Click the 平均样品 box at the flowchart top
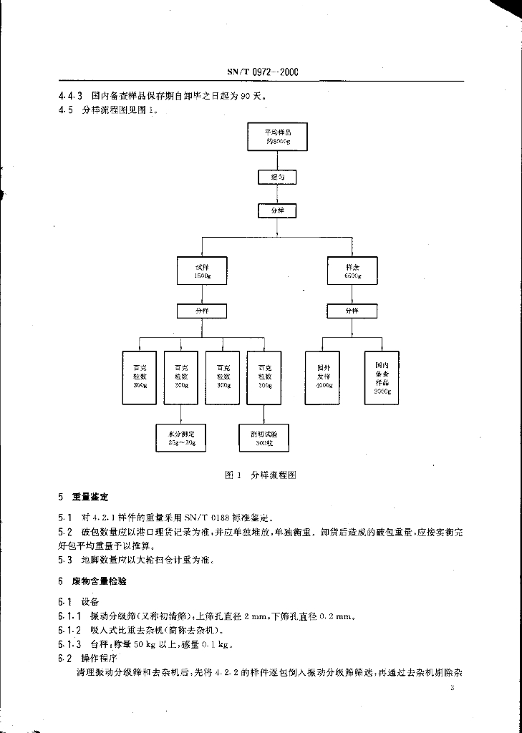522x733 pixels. coord(277,137)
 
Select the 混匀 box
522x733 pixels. coord(276,177)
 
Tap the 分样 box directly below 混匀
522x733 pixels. coord(276,211)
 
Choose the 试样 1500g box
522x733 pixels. coord(202,271)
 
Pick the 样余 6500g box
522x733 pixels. coord(352,271)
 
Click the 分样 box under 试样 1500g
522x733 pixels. coord(202,311)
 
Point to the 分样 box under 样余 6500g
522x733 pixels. coord(352,311)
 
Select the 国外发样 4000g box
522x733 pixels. coord(323,377)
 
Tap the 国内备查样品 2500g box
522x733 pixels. coord(382,377)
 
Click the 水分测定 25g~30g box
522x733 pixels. coord(181,437)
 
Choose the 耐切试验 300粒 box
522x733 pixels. coord(264,437)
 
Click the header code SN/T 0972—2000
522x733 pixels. coord(262,72)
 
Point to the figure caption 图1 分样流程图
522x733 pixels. coord(261,475)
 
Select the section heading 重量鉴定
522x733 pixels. coord(90,497)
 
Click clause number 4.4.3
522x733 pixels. coord(71,95)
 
